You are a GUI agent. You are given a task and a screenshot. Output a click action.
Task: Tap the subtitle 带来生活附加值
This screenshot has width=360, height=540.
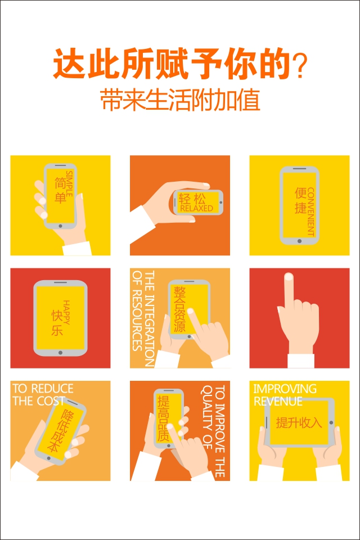pyautogui.click(x=180, y=100)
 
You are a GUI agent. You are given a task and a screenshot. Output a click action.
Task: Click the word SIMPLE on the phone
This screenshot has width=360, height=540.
pyautogui.click(x=69, y=184)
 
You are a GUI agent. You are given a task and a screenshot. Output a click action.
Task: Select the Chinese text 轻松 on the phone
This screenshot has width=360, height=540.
pyautogui.click(x=192, y=199)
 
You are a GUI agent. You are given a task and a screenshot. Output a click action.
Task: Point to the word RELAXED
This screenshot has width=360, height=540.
pyautogui.click(x=196, y=208)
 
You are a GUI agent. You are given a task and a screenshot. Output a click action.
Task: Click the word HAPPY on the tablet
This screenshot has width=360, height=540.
pyautogui.click(x=66, y=312)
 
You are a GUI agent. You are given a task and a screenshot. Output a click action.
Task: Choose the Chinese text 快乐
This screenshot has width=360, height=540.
pyautogui.click(x=57, y=322)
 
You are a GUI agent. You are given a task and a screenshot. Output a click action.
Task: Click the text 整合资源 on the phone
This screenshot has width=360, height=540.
pyautogui.click(x=179, y=309)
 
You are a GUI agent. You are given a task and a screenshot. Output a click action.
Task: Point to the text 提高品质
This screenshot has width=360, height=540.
pyautogui.click(x=163, y=418)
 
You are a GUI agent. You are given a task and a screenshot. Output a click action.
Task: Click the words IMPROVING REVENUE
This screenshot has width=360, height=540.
pyautogui.click(x=285, y=395)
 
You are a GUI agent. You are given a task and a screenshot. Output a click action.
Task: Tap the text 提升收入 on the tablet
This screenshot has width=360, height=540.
pyautogui.click(x=299, y=422)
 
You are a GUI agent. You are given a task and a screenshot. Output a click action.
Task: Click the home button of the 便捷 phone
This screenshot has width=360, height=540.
pyautogui.click(x=299, y=241)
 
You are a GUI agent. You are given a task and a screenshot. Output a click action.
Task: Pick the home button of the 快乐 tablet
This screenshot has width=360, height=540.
pyautogui.click(x=60, y=353)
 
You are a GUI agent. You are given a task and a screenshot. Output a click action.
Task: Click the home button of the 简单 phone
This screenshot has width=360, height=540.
pyautogui.click(x=60, y=226)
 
